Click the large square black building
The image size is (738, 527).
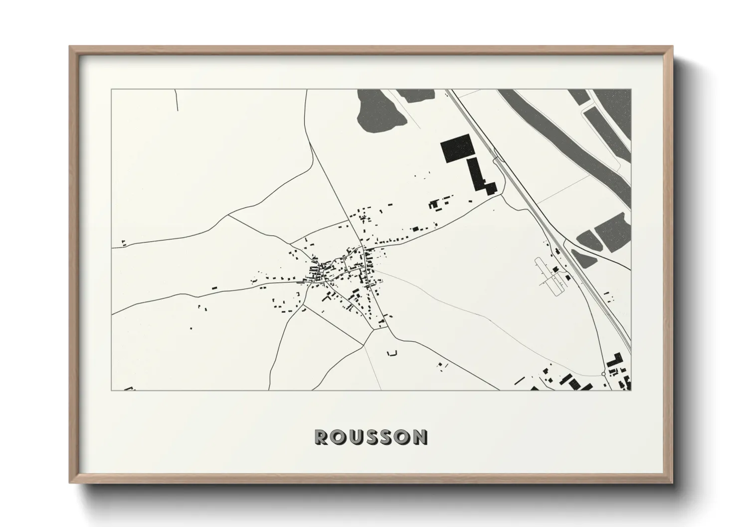(x=456, y=148)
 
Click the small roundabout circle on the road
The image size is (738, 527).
(x=603, y=374)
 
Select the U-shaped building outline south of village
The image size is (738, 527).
(x=392, y=353)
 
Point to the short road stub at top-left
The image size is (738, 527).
(x=177, y=100)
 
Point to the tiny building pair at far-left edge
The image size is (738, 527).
(x=124, y=243)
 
